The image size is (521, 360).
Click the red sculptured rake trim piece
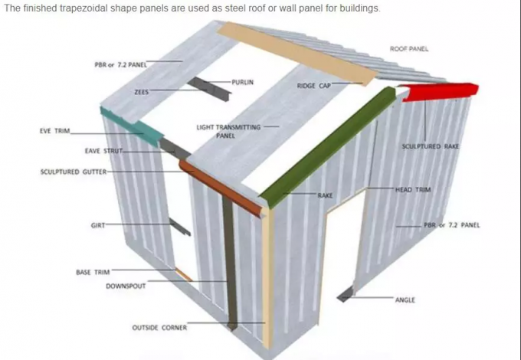click(438, 92)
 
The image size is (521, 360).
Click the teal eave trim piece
click(133, 126)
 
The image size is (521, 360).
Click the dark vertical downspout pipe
click(229, 263)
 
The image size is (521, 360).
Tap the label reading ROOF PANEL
click(409, 49)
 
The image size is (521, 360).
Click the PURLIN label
click(243, 82)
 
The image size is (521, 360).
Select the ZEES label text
click(141, 92)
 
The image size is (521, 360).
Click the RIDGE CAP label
click(314, 86)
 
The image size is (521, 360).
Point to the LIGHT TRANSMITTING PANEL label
click(228, 131)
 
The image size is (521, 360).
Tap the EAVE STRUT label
click(103, 151)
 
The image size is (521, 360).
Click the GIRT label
click(98, 225)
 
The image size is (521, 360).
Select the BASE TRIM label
click(93, 273)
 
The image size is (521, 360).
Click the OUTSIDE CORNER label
click(159, 328)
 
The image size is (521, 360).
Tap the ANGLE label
click(405, 300)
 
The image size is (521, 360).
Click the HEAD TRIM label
click(413, 190)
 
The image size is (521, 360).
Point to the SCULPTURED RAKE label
click(431, 146)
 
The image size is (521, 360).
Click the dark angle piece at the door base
click(346, 295)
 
